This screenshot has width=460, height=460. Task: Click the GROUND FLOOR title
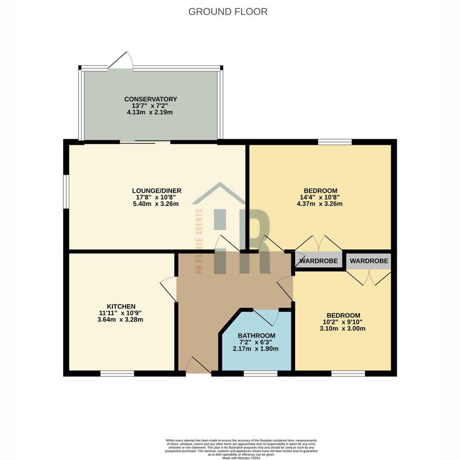[x=228, y=11]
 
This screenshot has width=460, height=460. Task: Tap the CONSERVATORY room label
[x=150, y=99]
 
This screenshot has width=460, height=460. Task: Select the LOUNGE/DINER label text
[x=157, y=190]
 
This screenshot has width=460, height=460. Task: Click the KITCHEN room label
[x=121, y=306]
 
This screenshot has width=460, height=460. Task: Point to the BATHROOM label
[x=256, y=335]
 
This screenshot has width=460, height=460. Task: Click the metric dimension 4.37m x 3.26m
[x=319, y=204]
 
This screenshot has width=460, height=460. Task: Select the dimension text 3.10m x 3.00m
[x=342, y=328]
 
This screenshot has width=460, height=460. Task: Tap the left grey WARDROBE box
[x=319, y=261]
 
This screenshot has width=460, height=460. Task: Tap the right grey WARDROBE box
[x=369, y=261]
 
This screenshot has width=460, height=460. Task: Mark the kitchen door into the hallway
[x=169, y=289]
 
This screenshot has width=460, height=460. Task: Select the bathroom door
[x=266, y=317]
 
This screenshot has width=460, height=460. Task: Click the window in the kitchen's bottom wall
[x=117, y=374]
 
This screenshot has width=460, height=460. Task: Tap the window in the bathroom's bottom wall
[x=260, y=374]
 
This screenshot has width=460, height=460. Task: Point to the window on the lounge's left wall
[x=66, y=192]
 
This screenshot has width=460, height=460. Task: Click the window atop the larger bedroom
[x=335, y=142]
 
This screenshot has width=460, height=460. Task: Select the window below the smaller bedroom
[x=348, y=374]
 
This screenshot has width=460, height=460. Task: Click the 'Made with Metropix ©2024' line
[x=241, y=458]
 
